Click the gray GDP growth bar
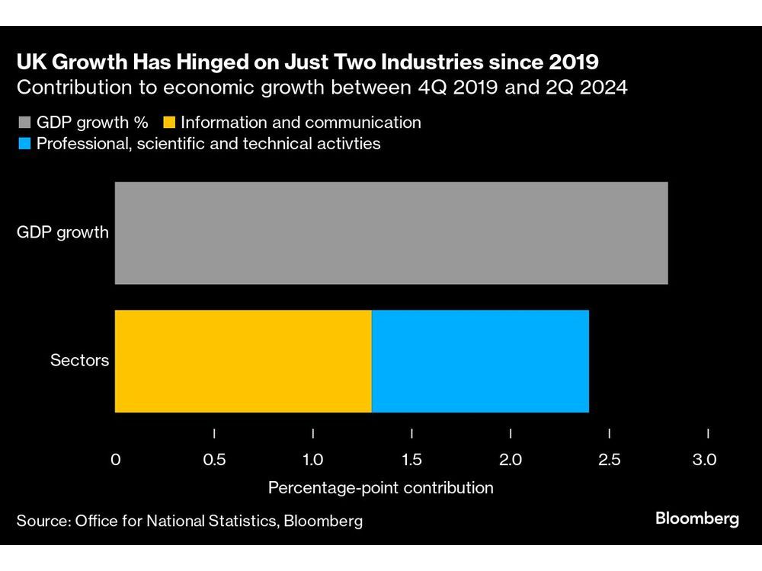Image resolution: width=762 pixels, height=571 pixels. point(391,233)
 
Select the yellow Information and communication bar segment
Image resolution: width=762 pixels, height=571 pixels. point(243,361)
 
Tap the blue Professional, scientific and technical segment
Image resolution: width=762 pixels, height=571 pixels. point(480,361)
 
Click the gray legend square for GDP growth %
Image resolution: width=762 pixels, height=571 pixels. point(23,123)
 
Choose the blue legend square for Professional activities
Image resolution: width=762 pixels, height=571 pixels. point(23,144)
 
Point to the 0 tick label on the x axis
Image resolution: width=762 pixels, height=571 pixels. point(116,460)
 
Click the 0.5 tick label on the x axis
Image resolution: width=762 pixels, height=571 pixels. point(214,460)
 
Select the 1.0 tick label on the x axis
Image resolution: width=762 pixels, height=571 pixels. point(312,460)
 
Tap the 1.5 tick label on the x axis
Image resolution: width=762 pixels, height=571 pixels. point(411,460)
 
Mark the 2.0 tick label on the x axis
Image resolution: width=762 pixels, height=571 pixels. point(511,460)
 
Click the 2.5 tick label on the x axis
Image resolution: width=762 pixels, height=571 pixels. point(610,460)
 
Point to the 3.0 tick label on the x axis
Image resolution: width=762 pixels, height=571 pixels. point(705,460)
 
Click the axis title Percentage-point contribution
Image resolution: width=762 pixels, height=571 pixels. point(381,487)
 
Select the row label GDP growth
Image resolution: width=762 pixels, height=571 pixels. point(63,233)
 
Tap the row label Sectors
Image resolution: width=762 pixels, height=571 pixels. point(79,361)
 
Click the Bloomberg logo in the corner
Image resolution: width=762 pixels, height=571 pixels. point(697,519)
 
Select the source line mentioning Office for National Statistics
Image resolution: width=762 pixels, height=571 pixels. point(190,522)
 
